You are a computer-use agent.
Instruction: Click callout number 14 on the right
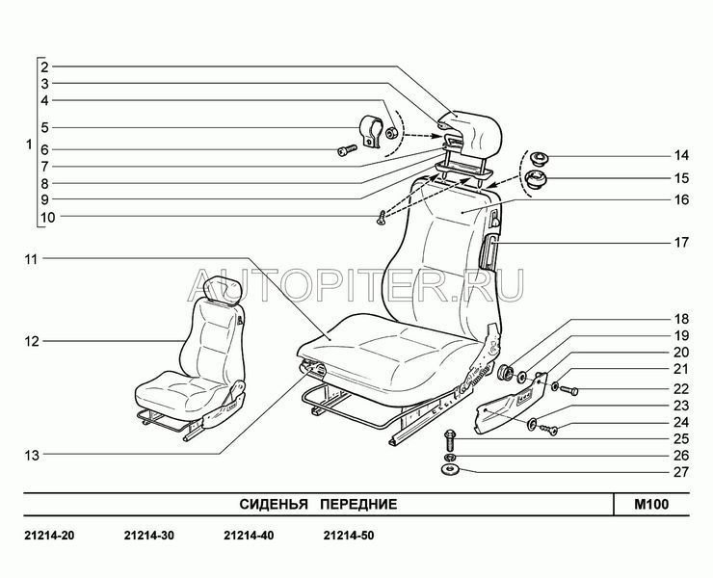680,155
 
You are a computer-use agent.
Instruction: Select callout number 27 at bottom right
680,472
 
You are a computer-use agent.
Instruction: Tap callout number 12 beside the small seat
32,341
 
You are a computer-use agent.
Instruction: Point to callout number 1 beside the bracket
29,145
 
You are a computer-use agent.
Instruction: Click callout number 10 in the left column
47,218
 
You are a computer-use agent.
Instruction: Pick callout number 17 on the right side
680,243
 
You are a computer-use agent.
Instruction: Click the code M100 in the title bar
651,505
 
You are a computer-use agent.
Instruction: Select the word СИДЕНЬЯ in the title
274,505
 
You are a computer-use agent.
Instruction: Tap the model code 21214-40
249,536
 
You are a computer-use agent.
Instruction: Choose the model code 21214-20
49,536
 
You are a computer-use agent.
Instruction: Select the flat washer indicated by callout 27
450,470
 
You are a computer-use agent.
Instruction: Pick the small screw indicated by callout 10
381,218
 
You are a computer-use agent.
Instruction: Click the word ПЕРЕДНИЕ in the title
358,505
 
